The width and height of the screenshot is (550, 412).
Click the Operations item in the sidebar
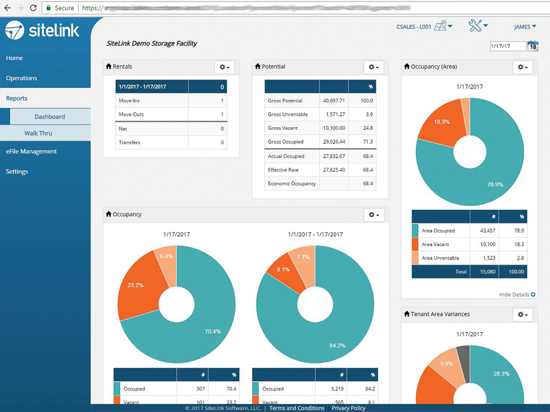tap(21, 78)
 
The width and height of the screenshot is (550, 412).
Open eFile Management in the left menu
tap(31, 152)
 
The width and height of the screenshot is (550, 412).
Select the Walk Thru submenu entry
tap(38, 133)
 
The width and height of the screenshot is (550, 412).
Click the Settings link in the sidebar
tap(17, 172)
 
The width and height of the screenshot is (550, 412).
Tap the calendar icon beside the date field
tap(533, 46)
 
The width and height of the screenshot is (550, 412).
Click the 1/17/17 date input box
tap(507, 47)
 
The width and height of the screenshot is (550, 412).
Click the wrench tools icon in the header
tap(477, 26)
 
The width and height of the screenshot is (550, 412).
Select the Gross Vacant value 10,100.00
tap(334, 128)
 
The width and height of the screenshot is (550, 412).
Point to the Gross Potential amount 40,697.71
tap(334, 101)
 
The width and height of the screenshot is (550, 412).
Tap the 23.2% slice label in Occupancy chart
tap(135, 285)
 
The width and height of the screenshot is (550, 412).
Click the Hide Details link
tap(517, 295)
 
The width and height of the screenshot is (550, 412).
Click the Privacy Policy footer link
tap(349, 408)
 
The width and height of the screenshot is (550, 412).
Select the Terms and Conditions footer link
tap(297, 408)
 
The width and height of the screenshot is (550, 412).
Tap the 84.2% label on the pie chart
tap(338, 345)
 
